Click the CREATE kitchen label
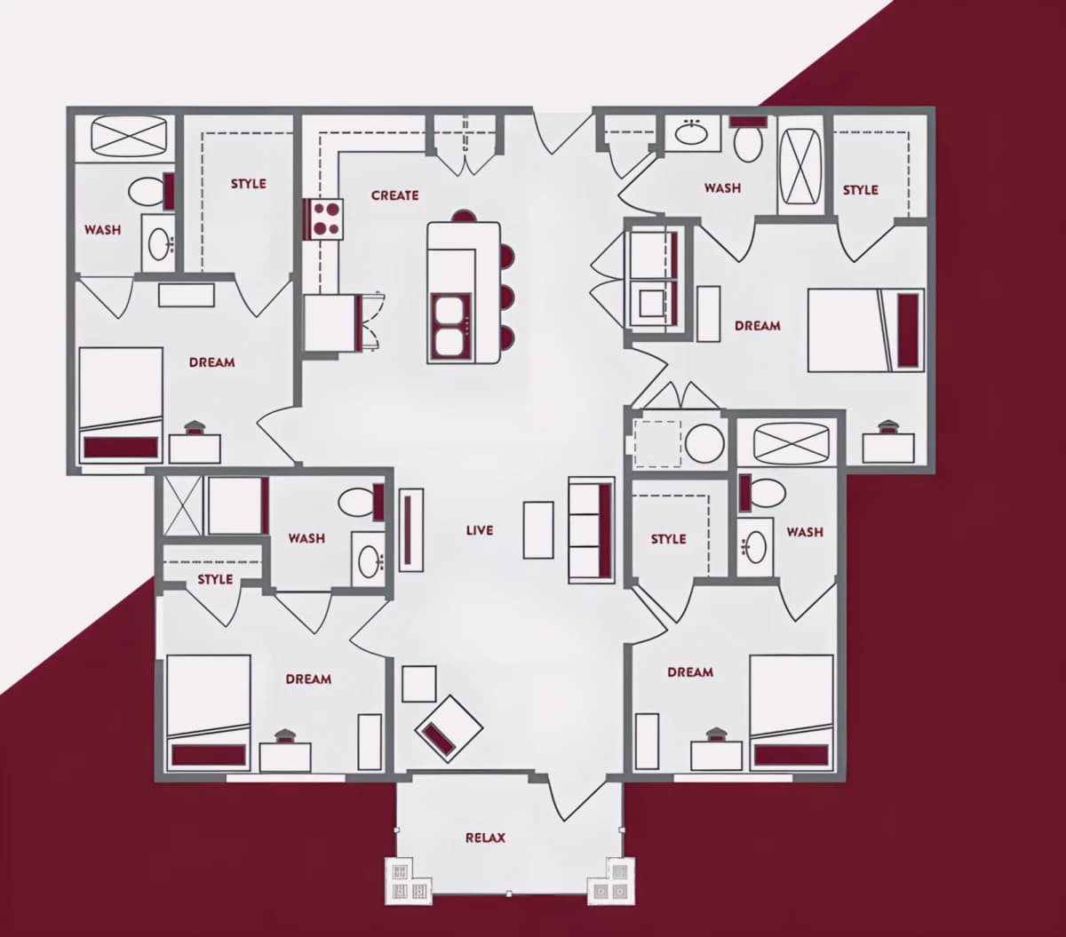point(394,195)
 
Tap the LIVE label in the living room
point(480,530)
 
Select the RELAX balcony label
point(485,838)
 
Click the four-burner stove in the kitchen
point(323,218)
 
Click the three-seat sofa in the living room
point(591,530)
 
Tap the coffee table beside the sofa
point(537,530)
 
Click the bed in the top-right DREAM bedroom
point(865,330)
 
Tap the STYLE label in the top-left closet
point(249,184)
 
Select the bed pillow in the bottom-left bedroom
point(209,754)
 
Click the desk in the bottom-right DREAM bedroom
point(716,756)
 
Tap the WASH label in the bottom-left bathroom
point(306,538)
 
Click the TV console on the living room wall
point(411,530)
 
